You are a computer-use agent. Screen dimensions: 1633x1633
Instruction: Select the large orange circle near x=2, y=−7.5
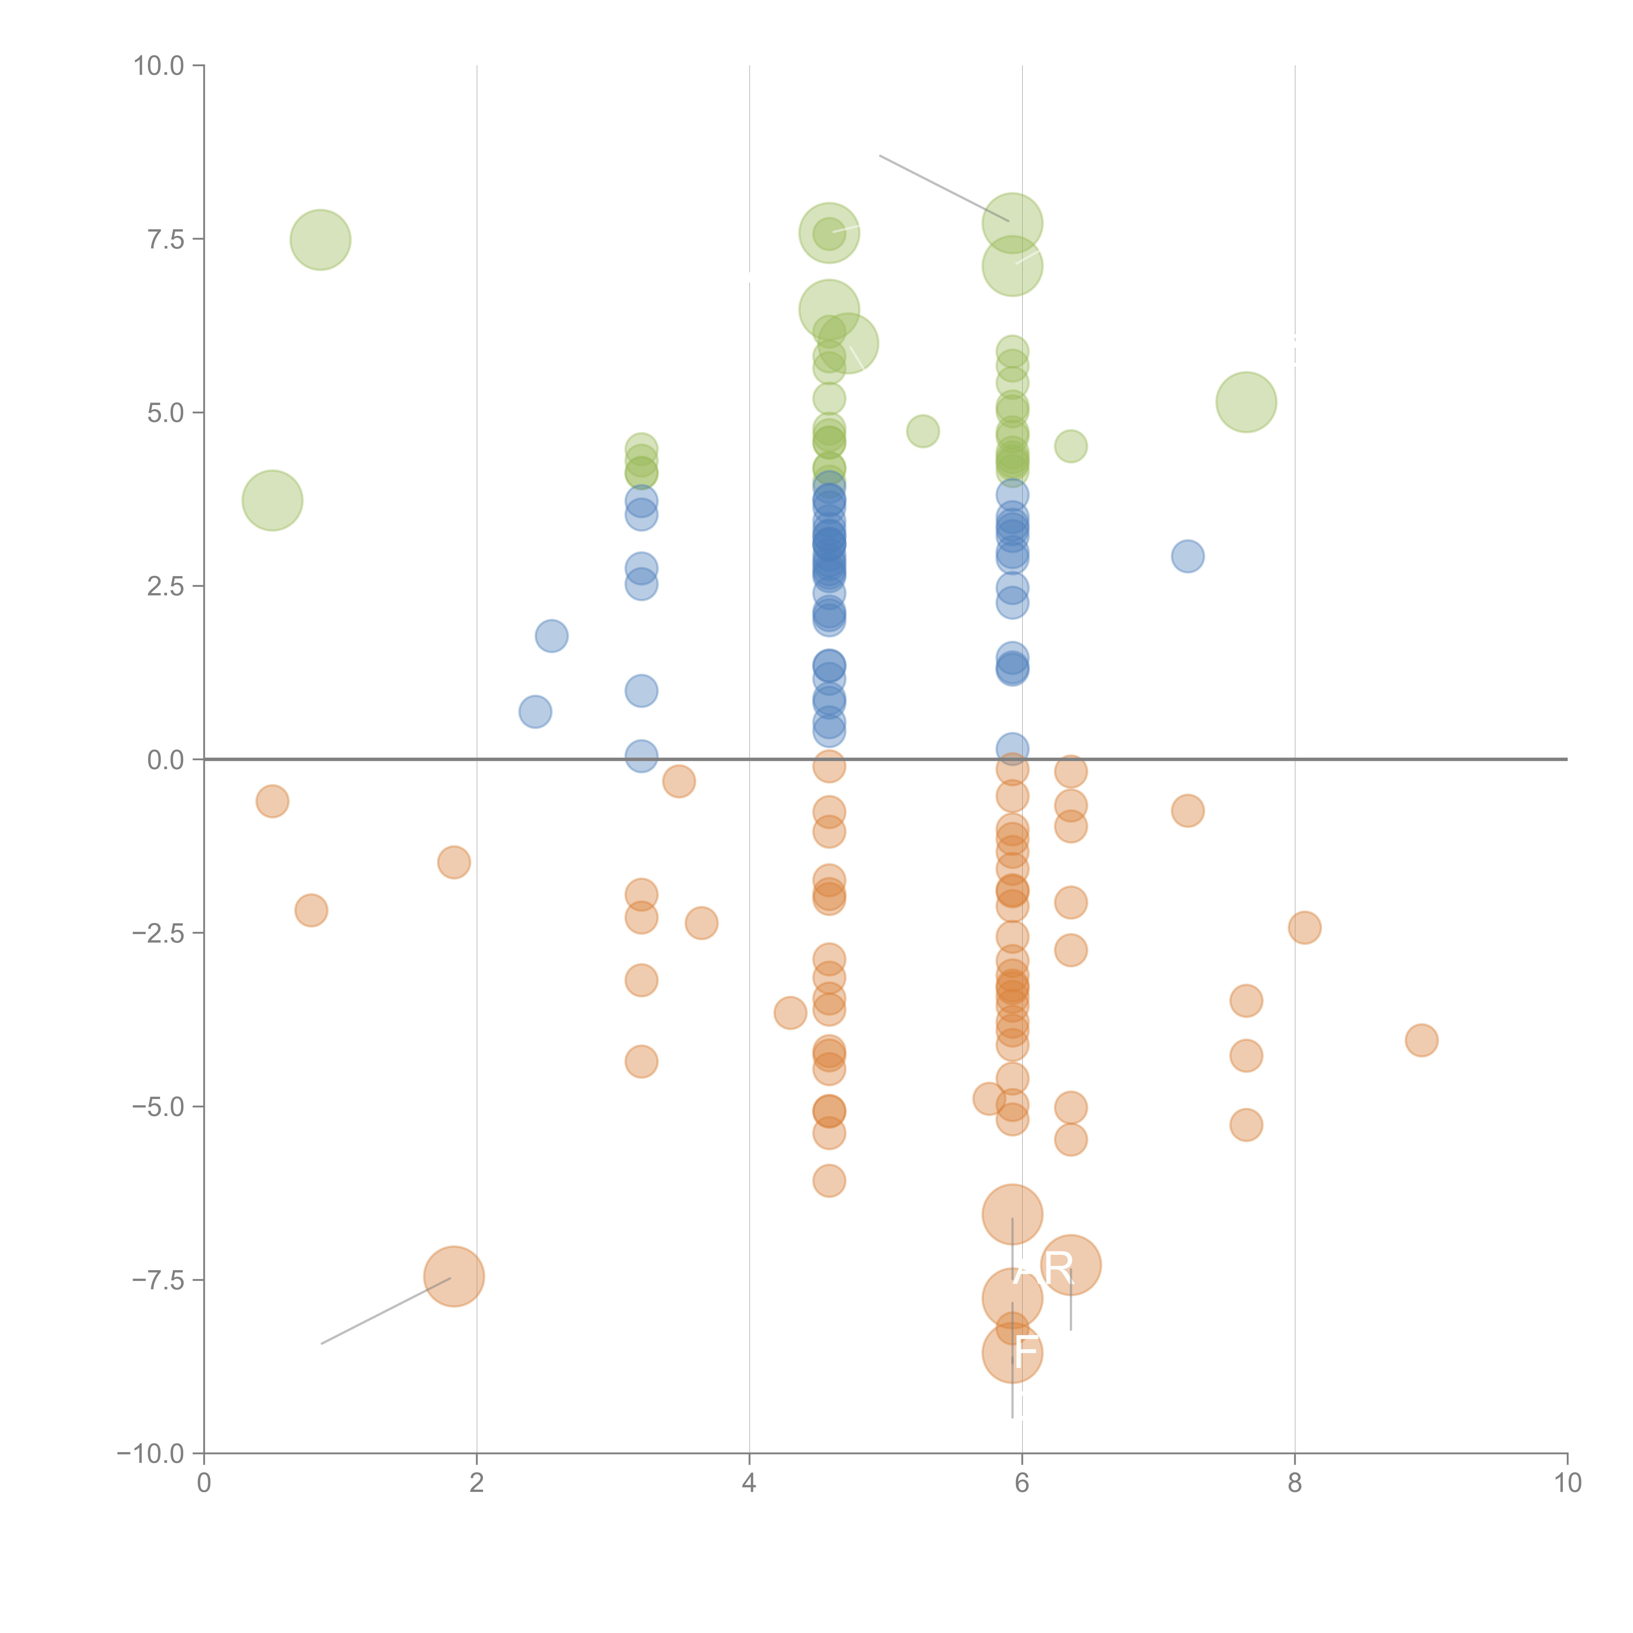(454, 1276)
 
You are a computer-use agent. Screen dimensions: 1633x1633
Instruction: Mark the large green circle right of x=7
(1246, 402)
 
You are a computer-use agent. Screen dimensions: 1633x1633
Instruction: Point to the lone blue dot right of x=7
(1188, 556)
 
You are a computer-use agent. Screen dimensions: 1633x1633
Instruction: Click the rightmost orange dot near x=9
(1422, 1041)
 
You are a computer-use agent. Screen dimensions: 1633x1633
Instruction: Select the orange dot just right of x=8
(1305, 928)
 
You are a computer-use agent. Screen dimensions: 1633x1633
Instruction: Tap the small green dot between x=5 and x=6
(922, 431)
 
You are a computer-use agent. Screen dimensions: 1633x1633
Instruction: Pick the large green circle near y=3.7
(272, 500)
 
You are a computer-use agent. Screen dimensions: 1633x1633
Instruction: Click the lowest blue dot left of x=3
(535, 712)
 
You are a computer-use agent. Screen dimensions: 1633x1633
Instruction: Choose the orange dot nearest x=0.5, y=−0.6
(272, 801)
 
